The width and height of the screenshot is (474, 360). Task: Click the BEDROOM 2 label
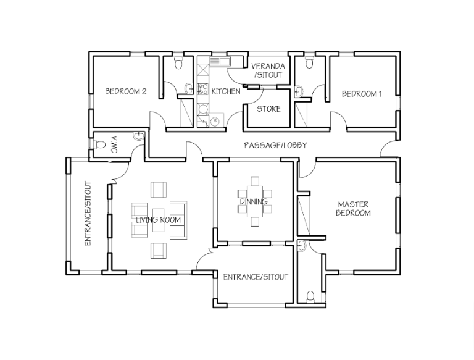coord(125,92)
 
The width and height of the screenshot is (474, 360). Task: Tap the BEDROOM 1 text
coord(362,94)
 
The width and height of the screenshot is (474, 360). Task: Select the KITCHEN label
coord(225,91)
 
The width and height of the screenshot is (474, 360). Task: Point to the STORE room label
coord(268,109)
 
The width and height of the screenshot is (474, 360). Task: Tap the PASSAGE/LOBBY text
coord(275,145)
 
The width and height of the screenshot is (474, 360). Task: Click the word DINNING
coord(253,201)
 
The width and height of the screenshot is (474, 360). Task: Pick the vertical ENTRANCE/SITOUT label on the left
coord(88,213)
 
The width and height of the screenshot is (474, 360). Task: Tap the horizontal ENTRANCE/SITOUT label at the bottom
coord(256,277)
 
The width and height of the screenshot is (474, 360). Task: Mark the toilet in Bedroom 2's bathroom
coord(178,62)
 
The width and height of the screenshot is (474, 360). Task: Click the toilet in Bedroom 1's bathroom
coord(309,62)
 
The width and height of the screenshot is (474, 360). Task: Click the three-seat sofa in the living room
coord(178,220)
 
